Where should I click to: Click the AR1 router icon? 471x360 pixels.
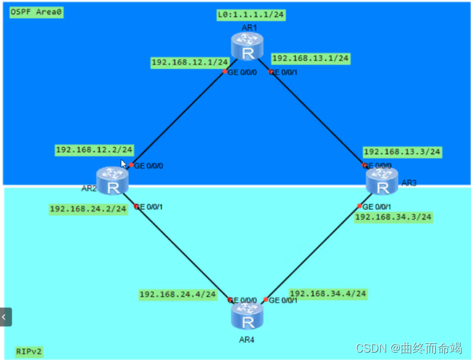pos(248,47)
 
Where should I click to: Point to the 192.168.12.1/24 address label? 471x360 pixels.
pos(190,62)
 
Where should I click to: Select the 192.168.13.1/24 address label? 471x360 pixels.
pos(311,58)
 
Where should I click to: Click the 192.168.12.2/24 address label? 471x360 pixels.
pos(94,150)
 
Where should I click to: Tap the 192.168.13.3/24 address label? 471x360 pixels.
pos(402,152)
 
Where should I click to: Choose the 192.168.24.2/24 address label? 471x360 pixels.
pos(89,209)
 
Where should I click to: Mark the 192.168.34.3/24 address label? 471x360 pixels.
pos(393,216)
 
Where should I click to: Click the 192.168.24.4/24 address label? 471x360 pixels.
pos(178,294)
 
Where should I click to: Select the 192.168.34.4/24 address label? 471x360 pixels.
pos(328,293)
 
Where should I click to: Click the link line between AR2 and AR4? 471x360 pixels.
pos(179,251)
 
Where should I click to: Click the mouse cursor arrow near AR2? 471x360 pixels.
pos(123,164)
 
